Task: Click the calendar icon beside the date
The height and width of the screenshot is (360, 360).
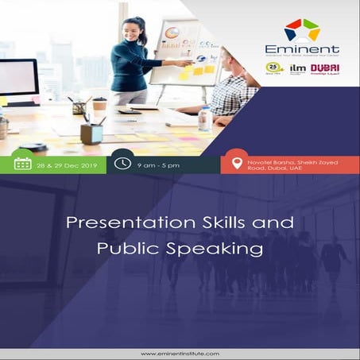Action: click(23, 163)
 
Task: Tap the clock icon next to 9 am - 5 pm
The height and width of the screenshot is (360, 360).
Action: click(122, 163)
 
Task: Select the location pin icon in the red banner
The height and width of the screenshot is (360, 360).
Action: click(237, 163)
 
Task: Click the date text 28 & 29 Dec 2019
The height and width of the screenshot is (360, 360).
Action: click(64, 164)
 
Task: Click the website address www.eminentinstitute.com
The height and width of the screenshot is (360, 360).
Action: click(180, 353)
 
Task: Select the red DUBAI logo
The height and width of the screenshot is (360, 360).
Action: click(324, 68)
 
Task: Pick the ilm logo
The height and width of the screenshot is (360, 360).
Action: click(297, 68)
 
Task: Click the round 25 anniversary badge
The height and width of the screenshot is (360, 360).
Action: click(275, 68)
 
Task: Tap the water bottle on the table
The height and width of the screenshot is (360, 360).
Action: click(205, 120)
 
